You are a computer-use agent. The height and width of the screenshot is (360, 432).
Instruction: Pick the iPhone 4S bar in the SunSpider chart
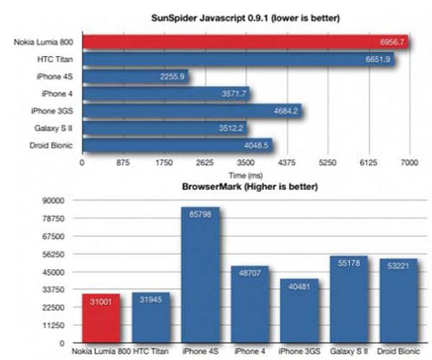point(136,76)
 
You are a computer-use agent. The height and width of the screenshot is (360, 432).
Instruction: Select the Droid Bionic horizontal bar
point(177,145)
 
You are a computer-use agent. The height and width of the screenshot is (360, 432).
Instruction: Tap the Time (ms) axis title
point(246,175)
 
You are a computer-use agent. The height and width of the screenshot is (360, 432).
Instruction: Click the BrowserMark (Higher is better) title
point(245,187)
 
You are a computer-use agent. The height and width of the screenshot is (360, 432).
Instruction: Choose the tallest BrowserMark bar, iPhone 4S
point(200,274)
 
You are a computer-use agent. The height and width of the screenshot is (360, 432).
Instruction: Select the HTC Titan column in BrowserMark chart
point(150,317)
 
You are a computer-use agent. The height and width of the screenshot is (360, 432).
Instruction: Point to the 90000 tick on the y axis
point(55,201)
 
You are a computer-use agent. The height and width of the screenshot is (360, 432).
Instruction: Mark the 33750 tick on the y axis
point(55,290)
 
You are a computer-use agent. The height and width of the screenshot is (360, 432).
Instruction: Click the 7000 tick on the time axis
point(410,163)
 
